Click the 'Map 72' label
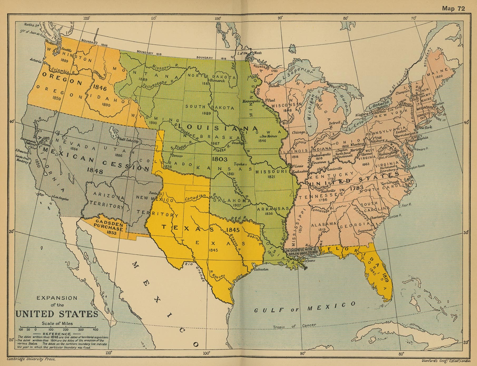pos(453,8)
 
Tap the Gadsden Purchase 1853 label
pos(109,226)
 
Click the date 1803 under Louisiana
pos(221,159)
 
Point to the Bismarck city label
pos(217,81)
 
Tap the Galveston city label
pos(261,269)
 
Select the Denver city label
pos(178,155)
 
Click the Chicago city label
pos(298,132)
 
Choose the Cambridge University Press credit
pos(31,359)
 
